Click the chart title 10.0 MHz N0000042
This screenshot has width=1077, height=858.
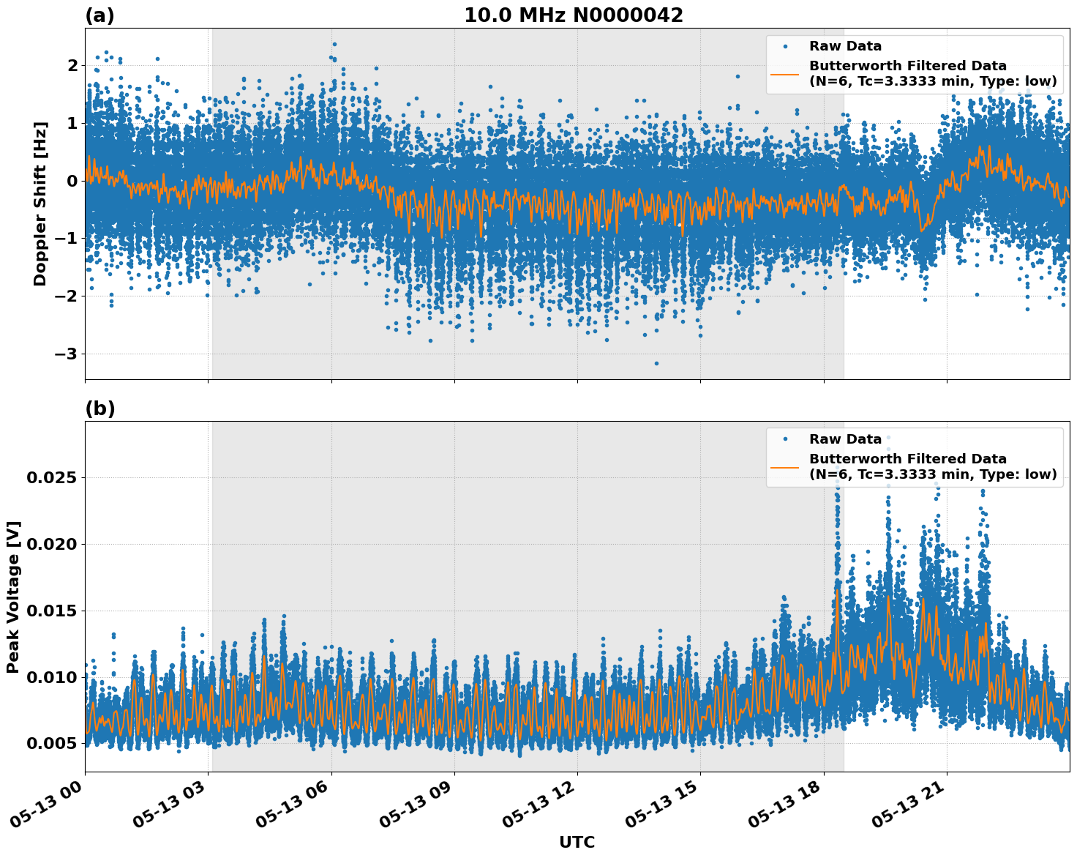point(573,15)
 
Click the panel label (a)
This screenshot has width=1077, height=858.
point(100,15)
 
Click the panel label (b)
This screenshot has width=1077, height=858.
point(100,409)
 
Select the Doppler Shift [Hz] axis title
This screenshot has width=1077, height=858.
point(40,204)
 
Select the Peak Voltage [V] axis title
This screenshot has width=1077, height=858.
point(13,597)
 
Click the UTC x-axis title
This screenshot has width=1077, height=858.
point(577,842)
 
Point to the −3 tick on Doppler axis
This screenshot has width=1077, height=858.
point(67,354)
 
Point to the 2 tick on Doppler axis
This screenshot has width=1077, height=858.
point(72,66)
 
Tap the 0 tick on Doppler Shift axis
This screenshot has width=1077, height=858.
point(72,181)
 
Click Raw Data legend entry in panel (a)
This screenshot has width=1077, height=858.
point(845,46)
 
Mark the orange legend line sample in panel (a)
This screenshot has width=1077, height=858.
point(785,73)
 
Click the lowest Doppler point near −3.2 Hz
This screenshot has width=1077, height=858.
point(656,363)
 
